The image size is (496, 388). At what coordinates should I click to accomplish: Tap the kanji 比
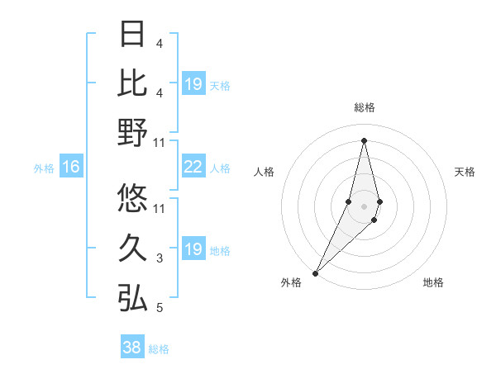point(132,83)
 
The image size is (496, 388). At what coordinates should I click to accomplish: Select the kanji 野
point(132,132)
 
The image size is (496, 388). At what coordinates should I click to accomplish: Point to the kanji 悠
point(132,198)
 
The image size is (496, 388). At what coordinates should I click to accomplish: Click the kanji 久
point(132,248)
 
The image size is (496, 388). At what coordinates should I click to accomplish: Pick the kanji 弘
point(132,297)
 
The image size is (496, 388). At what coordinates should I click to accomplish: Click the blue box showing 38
point(132,348)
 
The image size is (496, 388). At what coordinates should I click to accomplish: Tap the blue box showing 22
point(193,168)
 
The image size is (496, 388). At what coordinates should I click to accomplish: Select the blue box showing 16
point(71,168)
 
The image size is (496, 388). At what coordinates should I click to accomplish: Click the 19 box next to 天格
point(193,84)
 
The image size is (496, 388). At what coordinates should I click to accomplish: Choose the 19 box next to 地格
point(193,249)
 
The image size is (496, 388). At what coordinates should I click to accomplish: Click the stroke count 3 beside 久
point(160,258)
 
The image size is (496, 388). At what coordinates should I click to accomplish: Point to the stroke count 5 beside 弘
point(160,308)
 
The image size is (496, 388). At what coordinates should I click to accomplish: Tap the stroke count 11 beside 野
point(160,142)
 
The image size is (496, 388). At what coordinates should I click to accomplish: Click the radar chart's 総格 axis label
point(364,107)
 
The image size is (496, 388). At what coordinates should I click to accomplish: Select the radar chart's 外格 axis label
point(291,282)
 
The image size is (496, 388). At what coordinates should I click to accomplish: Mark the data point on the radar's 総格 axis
point(364,140)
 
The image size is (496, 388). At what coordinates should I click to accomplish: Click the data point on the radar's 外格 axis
point(316,272)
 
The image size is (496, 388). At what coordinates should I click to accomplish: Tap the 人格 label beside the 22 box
point(220,168)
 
